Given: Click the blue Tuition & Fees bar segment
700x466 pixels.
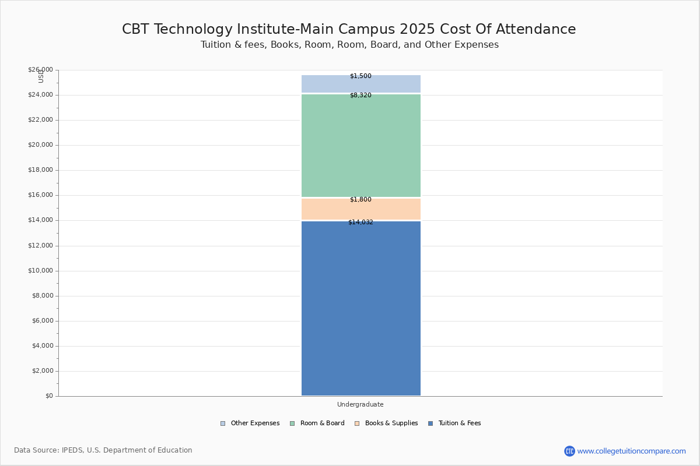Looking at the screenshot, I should click(360, 308).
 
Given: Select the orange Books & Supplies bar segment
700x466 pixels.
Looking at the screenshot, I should click(360, 209).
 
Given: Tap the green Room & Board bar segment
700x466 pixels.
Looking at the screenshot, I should click(360, 146).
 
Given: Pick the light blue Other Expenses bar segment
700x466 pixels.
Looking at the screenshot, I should click(360, 84).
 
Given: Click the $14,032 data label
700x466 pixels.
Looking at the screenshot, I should click(360, 222).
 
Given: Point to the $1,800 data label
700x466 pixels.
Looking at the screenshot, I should click(360, 199).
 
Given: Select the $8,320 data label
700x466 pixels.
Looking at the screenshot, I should click(360, 95).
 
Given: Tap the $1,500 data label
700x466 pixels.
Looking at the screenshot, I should click(360, 76).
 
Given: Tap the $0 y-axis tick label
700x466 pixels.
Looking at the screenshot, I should click(48, 396).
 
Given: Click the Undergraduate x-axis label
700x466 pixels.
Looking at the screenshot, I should click(360, 404).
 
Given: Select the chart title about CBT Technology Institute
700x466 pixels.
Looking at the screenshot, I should click(349, 30).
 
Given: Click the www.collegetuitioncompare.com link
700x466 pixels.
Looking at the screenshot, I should click(631, 451).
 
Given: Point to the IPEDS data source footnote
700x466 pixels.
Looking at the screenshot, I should click(103, 450).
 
